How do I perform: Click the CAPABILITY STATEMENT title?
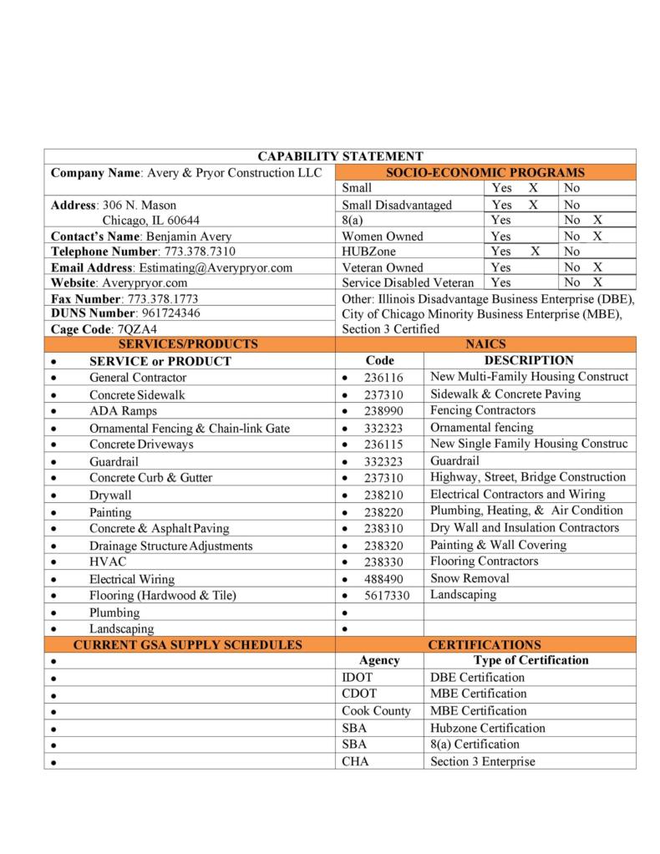click(340, 156)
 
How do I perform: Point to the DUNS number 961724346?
click(170, 313)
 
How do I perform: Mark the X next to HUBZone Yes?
click(535, 252)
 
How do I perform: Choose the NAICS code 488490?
click(383, 579)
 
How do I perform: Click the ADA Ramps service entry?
click(123, 411)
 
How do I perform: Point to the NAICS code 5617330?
click(387, 596)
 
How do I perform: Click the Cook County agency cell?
click(376, 711)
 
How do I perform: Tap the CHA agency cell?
click(355, 761)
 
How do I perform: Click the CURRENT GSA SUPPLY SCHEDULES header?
click(188, 645)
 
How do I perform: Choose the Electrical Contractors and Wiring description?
click(517, 494)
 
